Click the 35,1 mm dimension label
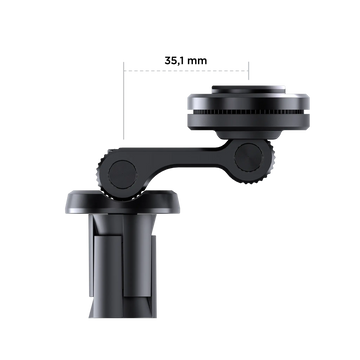(186, 61)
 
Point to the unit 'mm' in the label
(197, 61)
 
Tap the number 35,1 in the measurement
(174, 61)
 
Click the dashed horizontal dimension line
(186, 71)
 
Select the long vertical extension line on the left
(124, 100)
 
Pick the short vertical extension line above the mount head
(249, 71)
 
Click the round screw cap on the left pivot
(122, 175)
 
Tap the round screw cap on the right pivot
(248, 158)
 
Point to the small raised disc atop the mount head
(248, 89)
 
